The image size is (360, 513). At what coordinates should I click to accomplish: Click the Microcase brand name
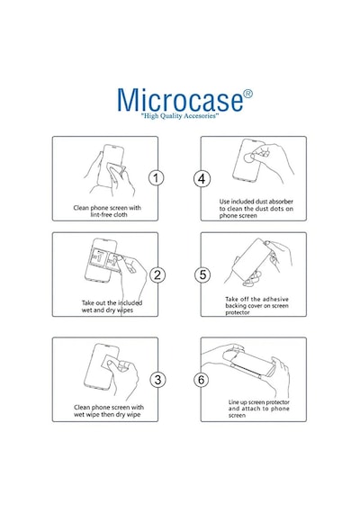(180, 100)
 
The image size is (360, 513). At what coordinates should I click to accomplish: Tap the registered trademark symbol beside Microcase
(248, 94)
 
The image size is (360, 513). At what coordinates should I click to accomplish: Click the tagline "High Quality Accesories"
(180, 116)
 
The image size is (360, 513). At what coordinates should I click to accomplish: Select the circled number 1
(156, 178)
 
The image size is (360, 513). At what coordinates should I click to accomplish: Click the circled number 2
(157, 274)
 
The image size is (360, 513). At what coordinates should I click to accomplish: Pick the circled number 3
(157, 380)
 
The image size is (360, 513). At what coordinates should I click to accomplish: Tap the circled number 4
(202, 179)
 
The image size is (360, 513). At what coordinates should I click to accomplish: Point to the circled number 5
(202, 274)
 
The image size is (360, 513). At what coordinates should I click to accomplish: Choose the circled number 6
(201, 380)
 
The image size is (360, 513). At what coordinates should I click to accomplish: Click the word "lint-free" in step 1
(101, 214)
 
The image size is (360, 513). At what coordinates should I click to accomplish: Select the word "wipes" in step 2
(125, 310)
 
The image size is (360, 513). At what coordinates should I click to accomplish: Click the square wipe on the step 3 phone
(111, 364)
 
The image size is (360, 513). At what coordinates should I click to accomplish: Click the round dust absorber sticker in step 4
(250, 157)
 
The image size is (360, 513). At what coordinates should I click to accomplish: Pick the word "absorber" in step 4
(281, 202)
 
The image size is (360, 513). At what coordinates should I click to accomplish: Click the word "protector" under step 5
(238, 313)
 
